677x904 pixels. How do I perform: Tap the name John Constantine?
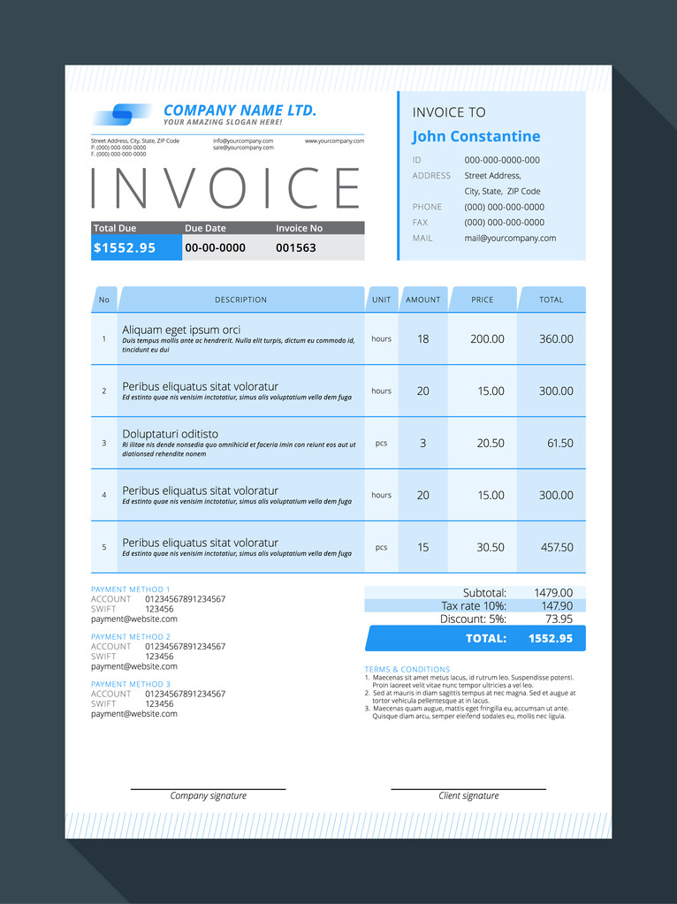(x=475, y=136)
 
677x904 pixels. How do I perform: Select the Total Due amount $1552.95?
(x=125, y=247)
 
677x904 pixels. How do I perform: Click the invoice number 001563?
(x=295, y=247)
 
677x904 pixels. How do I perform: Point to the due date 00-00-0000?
(x=215, y=247)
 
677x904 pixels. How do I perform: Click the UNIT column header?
(x=381, y=300)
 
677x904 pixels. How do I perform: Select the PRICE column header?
(x=483, y=300)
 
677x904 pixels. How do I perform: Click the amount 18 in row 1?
(x=422, y=338)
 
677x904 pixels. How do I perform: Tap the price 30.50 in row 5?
(x=491, y=547)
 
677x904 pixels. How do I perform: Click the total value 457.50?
(x=557, y=547)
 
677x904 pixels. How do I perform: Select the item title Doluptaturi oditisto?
(x=170, y=434)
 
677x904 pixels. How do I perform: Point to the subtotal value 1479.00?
(x=553, y=592)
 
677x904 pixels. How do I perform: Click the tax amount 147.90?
(x=557, y=605)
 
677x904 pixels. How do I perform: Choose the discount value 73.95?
(x=559, y=619)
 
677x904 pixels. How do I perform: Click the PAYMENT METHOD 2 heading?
(x=131, y=636)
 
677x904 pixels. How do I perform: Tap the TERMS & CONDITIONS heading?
(x=407, y=669)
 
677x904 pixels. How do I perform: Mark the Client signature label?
(x=468, y=795)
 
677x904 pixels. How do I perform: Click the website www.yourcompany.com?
(x=334, y=141)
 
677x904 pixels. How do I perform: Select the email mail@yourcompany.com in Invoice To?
(x=510, y=238)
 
